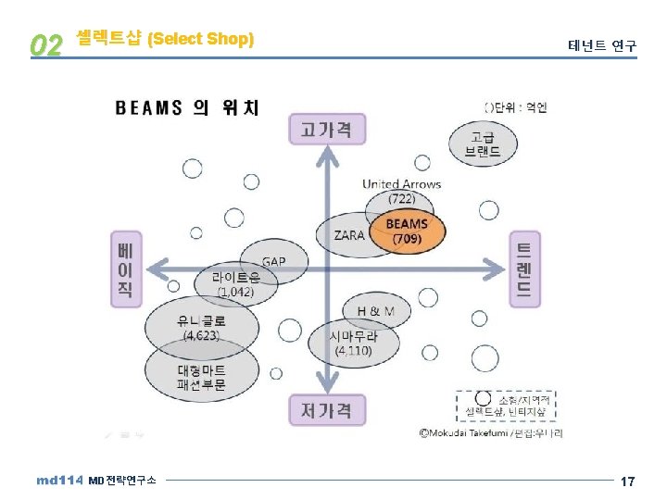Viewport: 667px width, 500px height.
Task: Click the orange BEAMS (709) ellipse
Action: (x=406, y=231)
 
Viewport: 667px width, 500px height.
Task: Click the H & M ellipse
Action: (x=375, y=311)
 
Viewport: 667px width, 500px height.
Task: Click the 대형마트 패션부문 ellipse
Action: (x=201, y=377)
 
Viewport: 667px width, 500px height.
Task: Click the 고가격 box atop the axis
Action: (x=327, y=130)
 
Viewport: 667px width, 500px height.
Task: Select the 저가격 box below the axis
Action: (x=326, y=408)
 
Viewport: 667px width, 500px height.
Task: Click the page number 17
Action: (x=627, y=481)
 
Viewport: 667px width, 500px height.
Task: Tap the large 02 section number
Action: (x=45, y=44)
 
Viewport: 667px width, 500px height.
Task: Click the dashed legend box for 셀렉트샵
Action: (x=509, y=404)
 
